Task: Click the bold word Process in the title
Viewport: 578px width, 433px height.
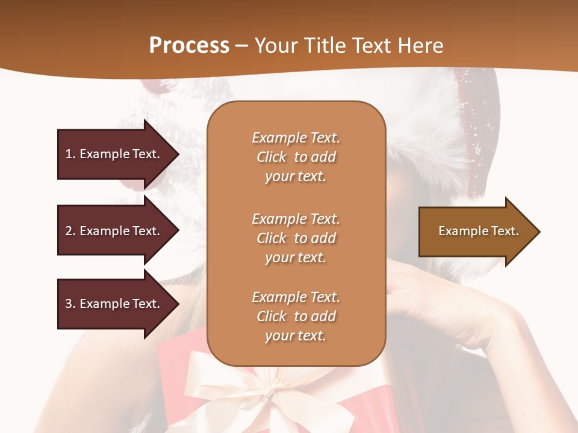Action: (189, 46)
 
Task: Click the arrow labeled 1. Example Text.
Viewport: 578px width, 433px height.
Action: (114, 155)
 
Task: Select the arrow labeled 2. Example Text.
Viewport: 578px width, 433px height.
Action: (114, 231)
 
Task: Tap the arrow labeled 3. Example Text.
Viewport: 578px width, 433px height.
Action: (114, 304)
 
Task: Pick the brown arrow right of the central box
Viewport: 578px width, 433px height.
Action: (476, 232)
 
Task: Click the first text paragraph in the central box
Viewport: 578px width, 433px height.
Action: (296, 157)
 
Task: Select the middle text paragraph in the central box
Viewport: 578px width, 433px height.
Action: (296, 238)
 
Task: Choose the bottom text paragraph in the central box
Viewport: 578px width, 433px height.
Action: (296, 316)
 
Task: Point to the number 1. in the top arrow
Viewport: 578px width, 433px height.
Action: (70, 155)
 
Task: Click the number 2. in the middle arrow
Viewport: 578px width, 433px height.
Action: (70, 231)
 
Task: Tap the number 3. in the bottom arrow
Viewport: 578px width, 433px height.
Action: (70, 304)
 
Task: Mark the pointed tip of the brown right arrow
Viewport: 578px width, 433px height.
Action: (539, 232)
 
